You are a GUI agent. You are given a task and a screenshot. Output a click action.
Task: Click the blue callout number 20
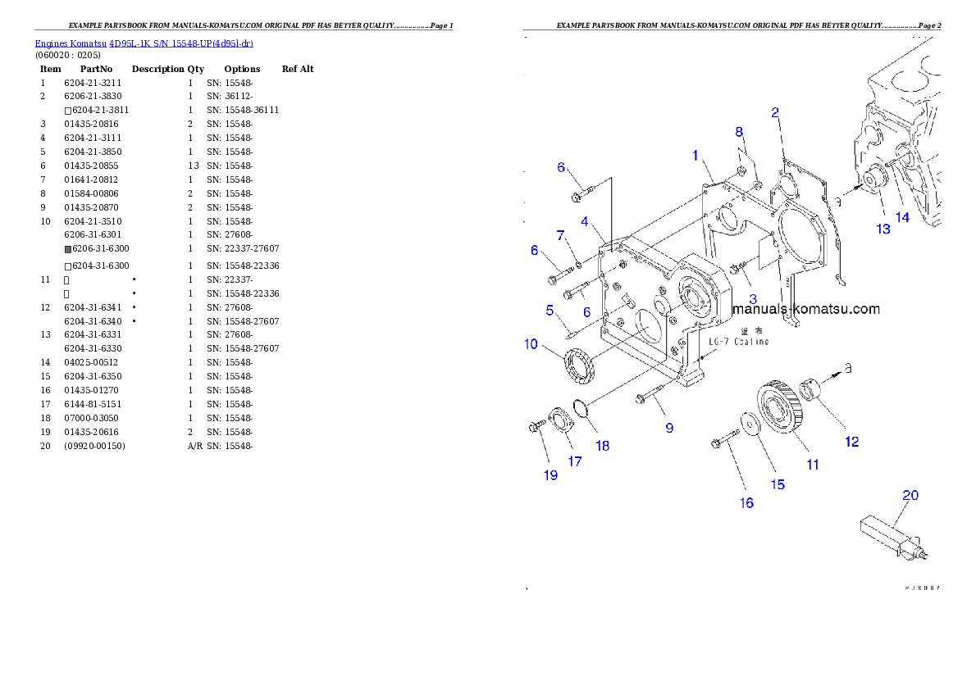pos(910,495)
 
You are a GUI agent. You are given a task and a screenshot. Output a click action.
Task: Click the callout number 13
pos(883,229)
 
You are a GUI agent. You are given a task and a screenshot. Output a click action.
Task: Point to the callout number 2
pos(774,113)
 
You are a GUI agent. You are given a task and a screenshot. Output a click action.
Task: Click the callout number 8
pos(738,131)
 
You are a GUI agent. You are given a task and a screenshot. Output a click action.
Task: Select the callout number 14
pos(902,217)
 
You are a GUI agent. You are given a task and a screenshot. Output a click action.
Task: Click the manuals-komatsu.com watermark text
pos(806,309)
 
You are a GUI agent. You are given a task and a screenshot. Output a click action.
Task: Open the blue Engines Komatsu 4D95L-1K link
pos(144,43)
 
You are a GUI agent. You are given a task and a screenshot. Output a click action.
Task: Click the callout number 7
pos(562,236)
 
